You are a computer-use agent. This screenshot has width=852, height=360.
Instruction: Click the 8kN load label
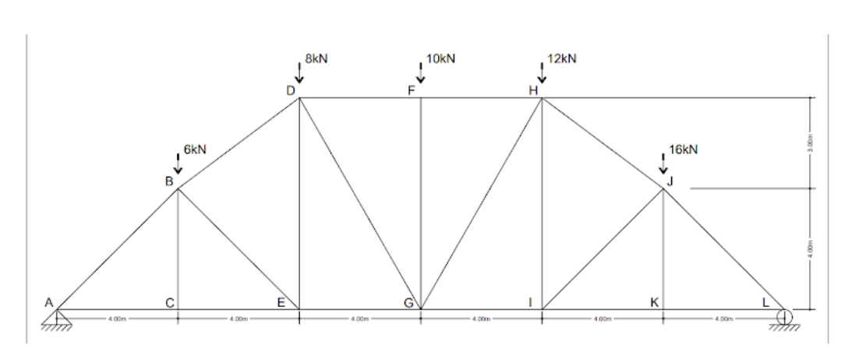pyautogui.click(x=315, y=59)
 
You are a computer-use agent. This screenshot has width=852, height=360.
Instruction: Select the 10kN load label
pyautogui.click(x=440, y=59)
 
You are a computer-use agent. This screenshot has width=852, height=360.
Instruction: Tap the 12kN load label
pyautogui.click(x=561, y=59)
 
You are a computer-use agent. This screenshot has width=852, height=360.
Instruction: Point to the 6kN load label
pyautogui.click(x=195, y=149)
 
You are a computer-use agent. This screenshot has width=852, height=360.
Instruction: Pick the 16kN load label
pyautogui.click(x=684, y=149)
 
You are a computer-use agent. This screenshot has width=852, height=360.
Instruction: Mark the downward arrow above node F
pyautogui.click(x=421, y=73)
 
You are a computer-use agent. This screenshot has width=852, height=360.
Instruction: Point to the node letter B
pyautogui.click(x=168, y=182)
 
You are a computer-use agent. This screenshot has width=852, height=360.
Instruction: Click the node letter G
pyautogui.click(x=408, y=303)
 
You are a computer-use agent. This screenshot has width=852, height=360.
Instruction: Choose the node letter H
pyautogui.click(x=534, y=90)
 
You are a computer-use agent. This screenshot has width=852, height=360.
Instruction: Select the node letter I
pyautogui.click(x=531, y=302)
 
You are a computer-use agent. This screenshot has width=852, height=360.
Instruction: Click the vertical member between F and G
pyautogui.click(x=421, y=203)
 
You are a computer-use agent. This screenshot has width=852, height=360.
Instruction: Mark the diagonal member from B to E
pyautogui.click(x=239, y=249)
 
